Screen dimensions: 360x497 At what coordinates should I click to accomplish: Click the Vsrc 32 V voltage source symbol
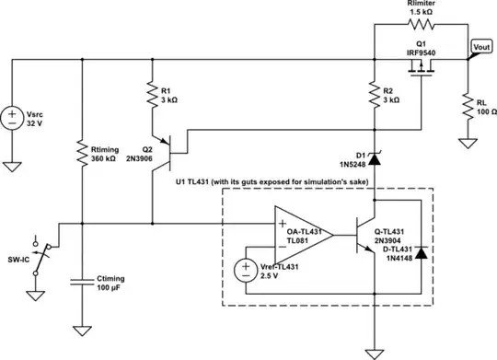pyautogui.click(x=14, y=119)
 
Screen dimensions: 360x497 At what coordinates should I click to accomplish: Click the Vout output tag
pyautogui.click(x=481, y=46)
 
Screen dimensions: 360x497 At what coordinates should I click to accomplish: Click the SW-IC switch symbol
pyautogui.click(x=39, y=254)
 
